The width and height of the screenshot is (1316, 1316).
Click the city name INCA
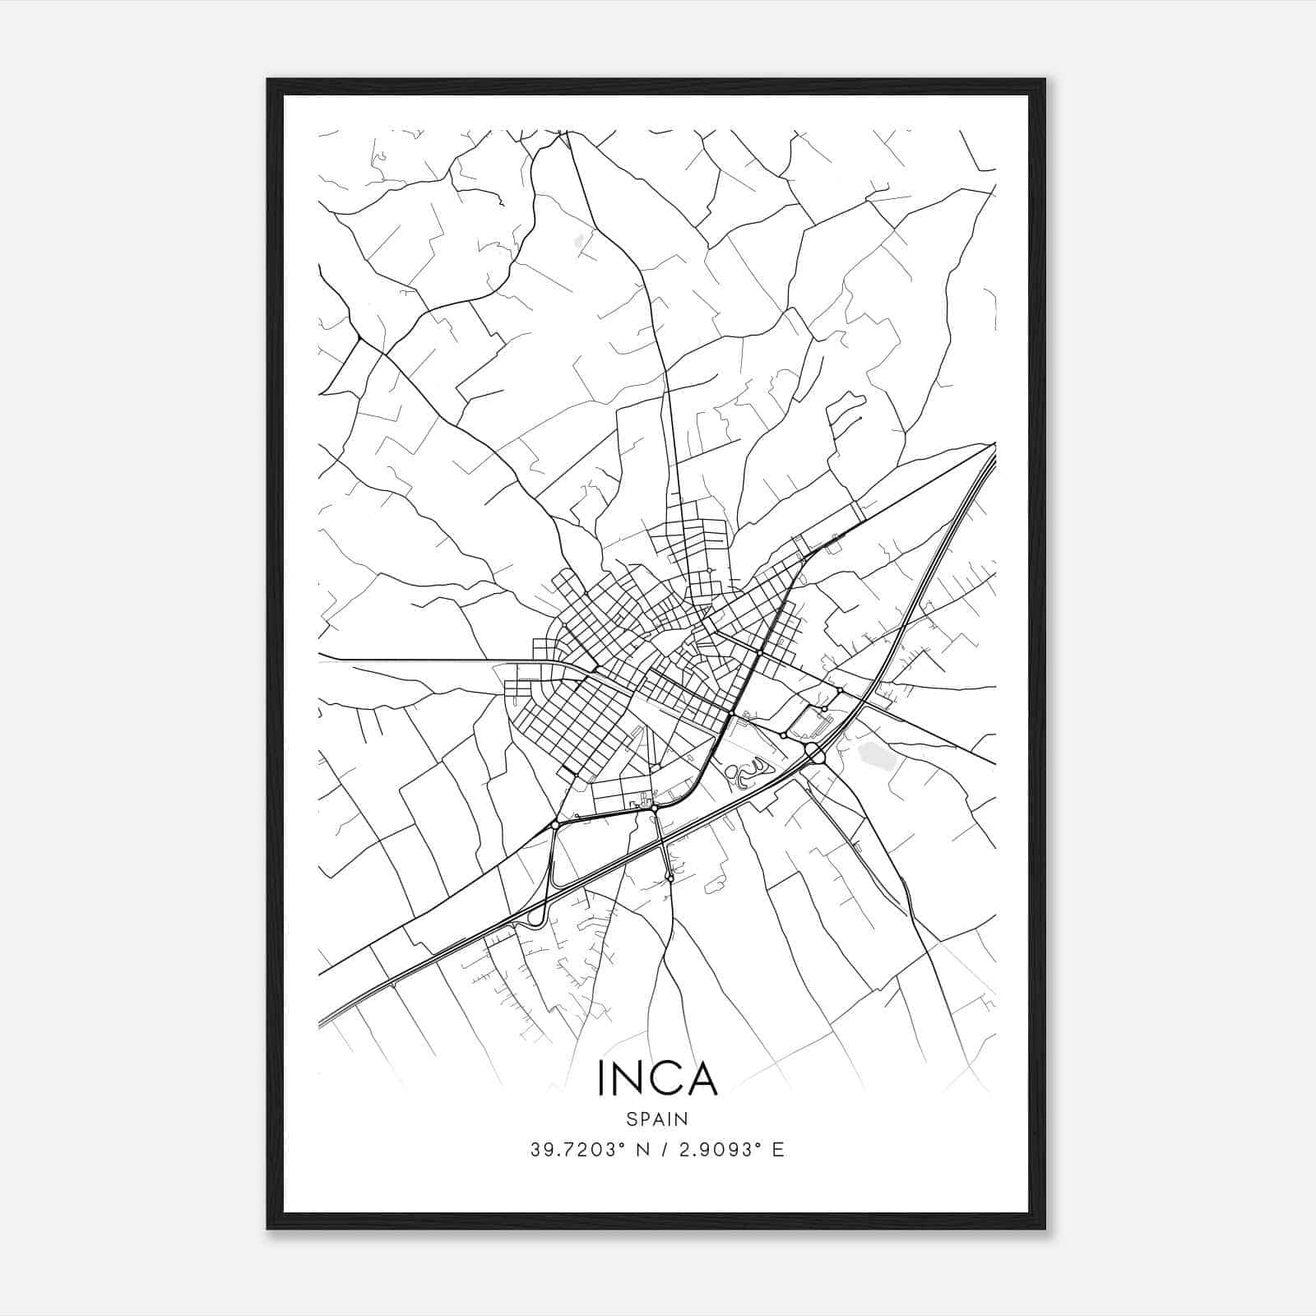658,1078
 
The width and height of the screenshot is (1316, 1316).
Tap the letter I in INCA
602,1078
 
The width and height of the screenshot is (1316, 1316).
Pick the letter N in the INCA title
631,1078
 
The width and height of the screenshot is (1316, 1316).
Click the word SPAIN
657,1119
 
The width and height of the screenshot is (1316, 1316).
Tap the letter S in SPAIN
631,1119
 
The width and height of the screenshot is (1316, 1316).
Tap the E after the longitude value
778,1150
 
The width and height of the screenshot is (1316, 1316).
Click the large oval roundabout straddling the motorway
813,752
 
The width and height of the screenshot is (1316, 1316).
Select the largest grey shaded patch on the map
874,753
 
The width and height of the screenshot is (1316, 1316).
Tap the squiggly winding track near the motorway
744,773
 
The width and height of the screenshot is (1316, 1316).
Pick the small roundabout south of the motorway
671,879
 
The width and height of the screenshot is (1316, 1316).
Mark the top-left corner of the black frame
268,80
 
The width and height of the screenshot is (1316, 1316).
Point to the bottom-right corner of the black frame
1045,1229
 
